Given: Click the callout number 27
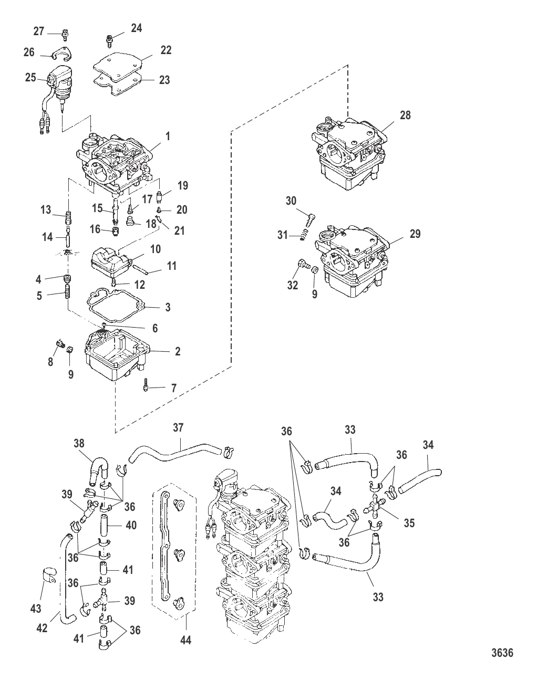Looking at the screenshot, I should [39, 32].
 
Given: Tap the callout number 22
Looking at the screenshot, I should [166, 50].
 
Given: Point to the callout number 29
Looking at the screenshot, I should [415, 234].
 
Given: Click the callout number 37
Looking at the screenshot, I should [179, 428].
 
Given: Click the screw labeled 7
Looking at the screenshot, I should [146, 388].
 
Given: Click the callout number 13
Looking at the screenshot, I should [46, 210].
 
